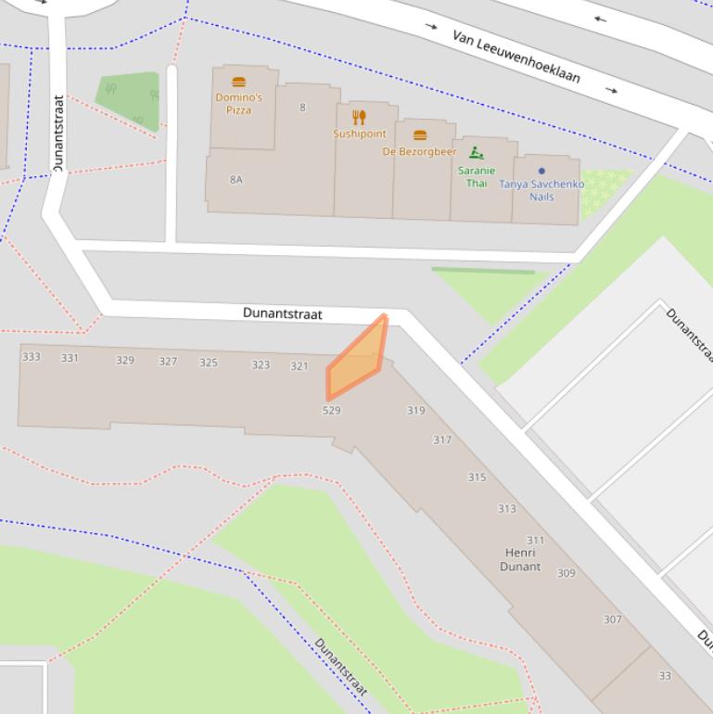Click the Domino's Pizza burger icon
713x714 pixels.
[238, 83]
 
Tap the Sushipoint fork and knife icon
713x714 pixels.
[360, 117]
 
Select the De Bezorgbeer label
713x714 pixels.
[420, 151]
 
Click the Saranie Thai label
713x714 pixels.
[477, 176]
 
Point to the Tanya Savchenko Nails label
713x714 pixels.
[541, 190]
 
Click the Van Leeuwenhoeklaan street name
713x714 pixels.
[516, 56]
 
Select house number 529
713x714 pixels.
[331, 410]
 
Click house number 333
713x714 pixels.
[32, 357]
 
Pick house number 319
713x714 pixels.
[416, 411]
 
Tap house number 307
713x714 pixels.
[612, 619]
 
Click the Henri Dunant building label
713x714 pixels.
[520, 560]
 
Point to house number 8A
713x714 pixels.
[236, 180]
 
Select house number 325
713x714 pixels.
[209, 363]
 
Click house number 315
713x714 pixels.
[477, 478]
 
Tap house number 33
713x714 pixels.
[665, 676]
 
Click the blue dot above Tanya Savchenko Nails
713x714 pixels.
[541, 171]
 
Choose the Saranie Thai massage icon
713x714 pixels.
[477, 153]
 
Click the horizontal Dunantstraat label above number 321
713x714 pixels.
[283, 314]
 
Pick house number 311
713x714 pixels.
[536, 541]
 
